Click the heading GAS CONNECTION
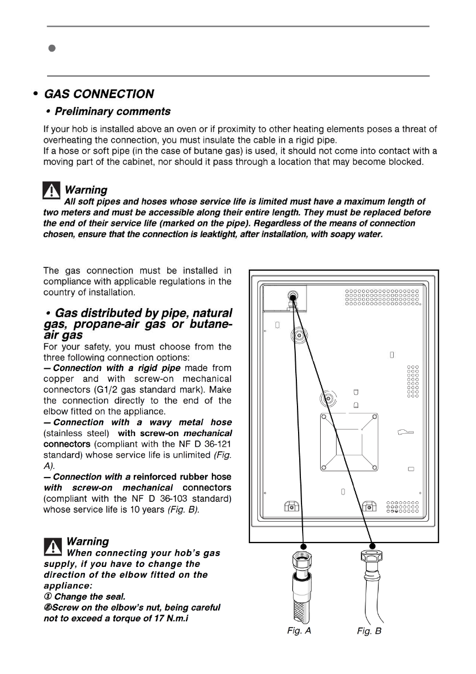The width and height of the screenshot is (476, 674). (99, 94)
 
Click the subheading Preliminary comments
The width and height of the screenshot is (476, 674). (112, 111)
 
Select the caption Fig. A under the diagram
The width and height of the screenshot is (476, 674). (299, 631)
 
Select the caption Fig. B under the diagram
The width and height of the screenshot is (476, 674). (369, 631)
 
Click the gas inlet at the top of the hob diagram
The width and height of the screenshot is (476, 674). (292, 296)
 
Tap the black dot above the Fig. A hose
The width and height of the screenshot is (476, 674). (304, 545)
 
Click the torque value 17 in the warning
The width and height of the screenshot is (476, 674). (161, 618)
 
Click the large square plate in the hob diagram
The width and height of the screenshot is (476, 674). (348, 442)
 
